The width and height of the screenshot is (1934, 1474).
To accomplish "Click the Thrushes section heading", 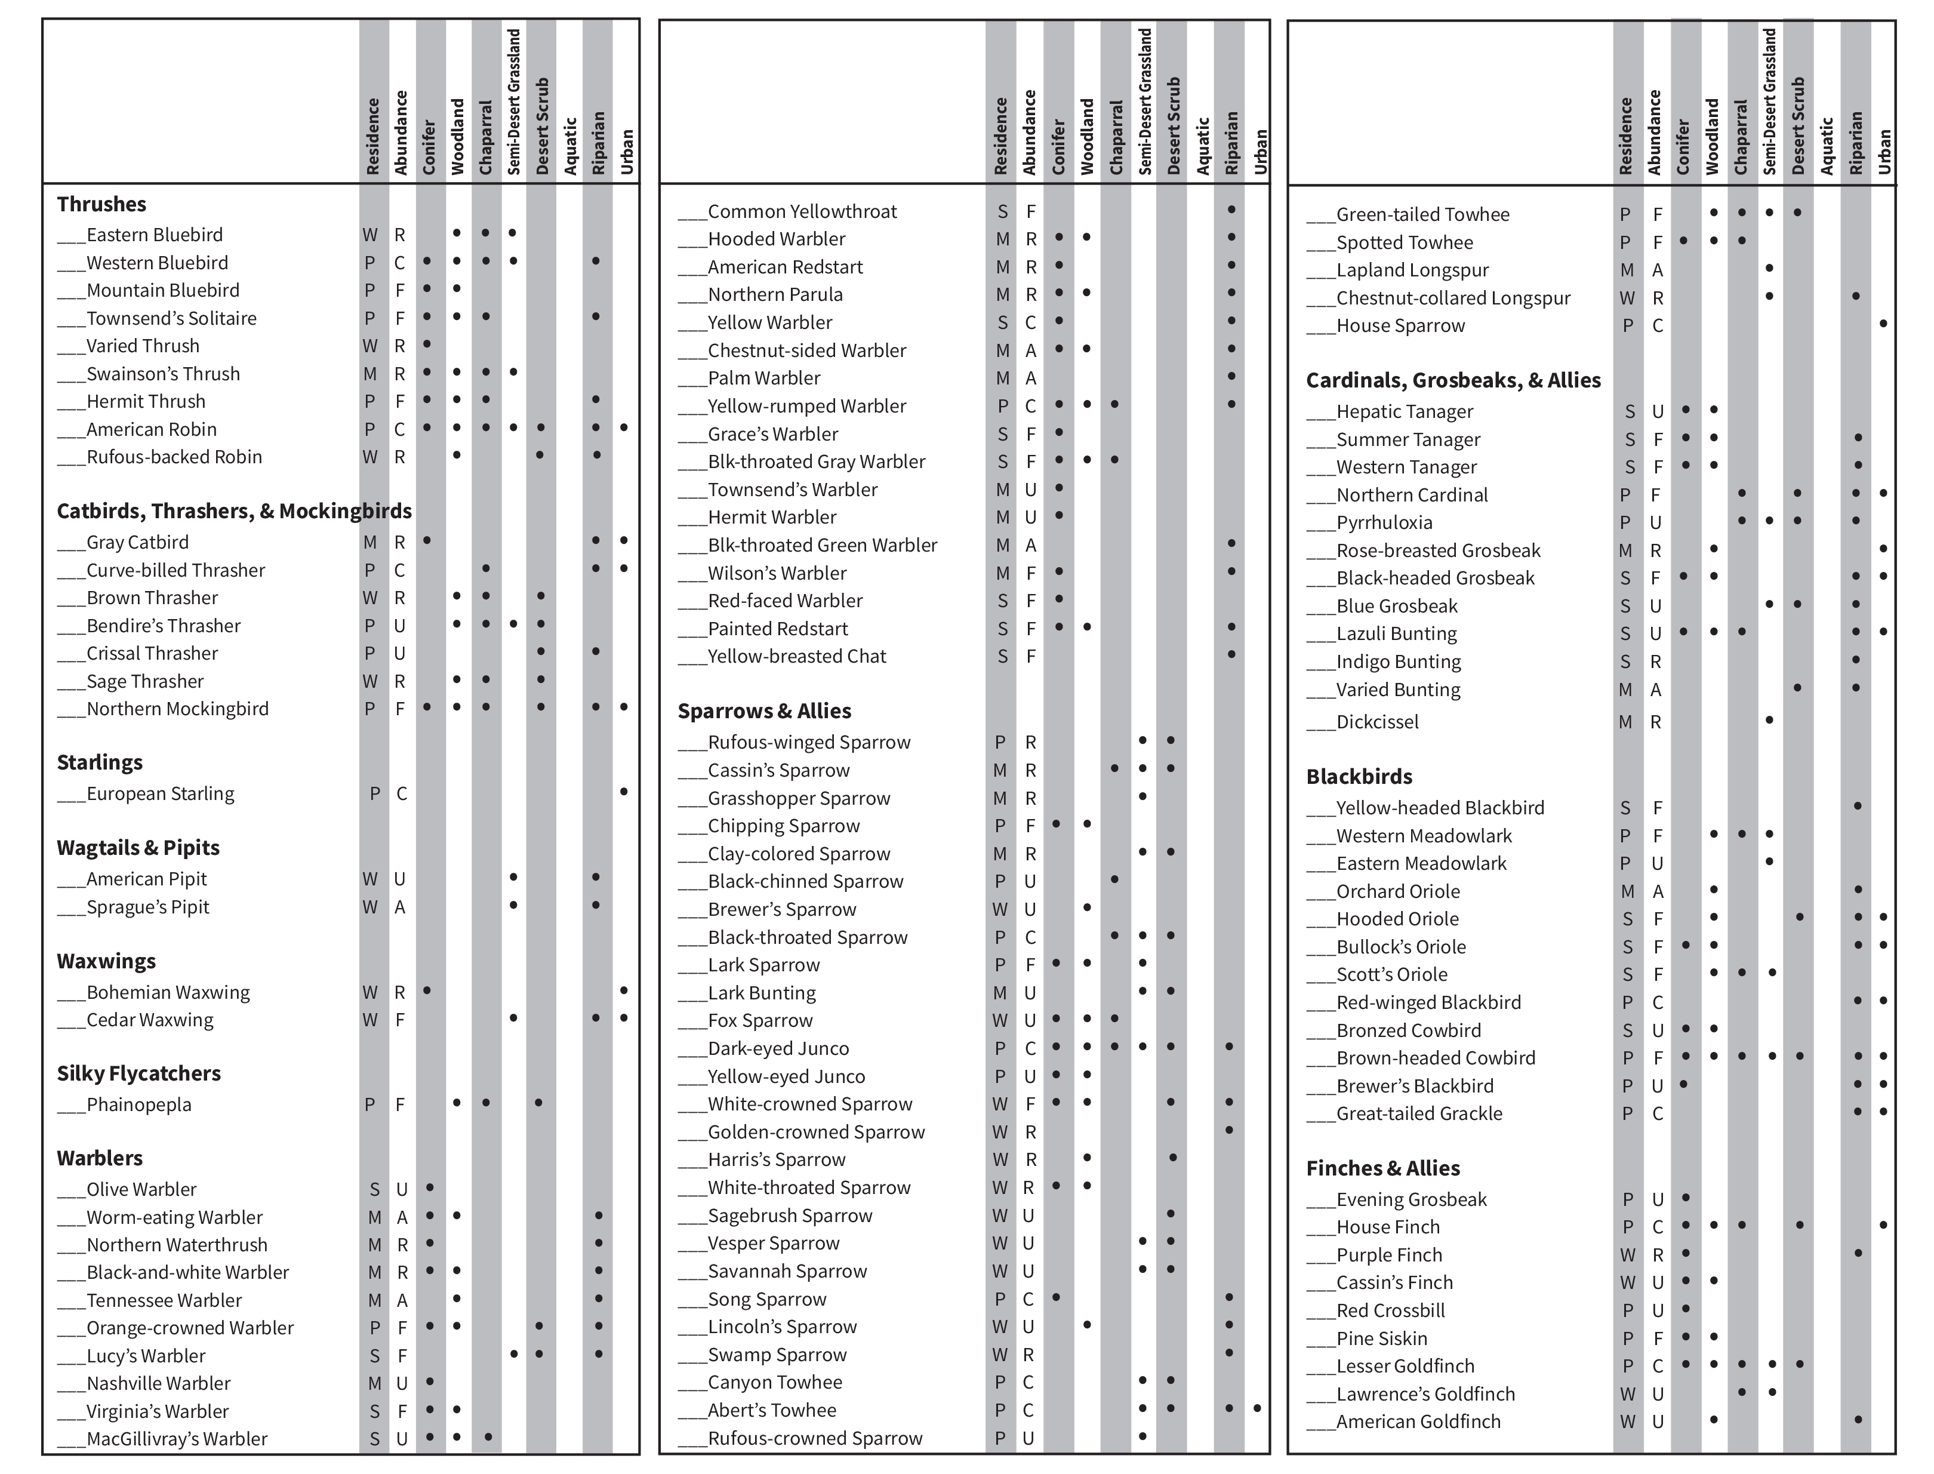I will [101, 204].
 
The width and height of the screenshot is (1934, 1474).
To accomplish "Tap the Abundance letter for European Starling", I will [402, 794].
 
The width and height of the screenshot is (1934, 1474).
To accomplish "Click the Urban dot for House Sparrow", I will [1883, 324].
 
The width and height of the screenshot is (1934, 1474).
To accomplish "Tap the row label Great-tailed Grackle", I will [1418, 1113].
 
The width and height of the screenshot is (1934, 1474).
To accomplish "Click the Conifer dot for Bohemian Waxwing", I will [427, 990].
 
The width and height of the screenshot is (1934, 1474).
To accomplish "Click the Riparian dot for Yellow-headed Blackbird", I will [1857, 805].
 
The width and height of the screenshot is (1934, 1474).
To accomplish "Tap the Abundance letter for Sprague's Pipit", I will [400, 907].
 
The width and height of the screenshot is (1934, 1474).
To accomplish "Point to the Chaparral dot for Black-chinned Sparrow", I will [1114, 879].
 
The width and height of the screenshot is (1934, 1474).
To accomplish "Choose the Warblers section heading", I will [100, 1158].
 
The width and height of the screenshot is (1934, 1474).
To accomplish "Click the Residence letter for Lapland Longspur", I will [1627, 270].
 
